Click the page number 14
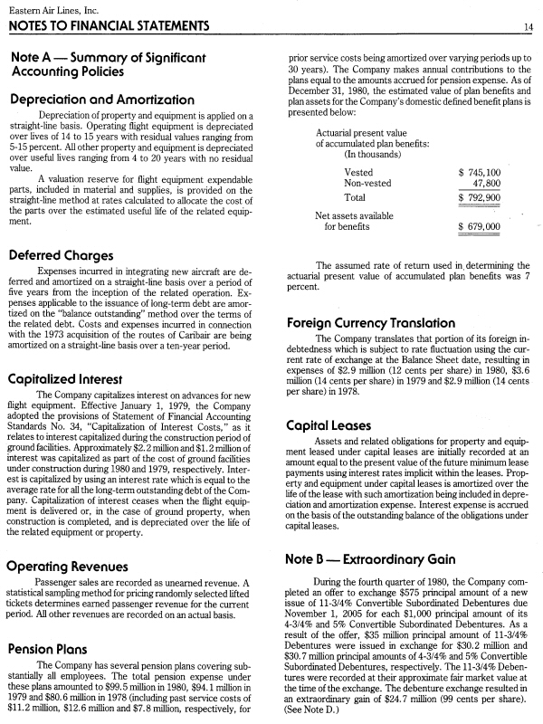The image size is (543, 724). pos(528,27)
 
